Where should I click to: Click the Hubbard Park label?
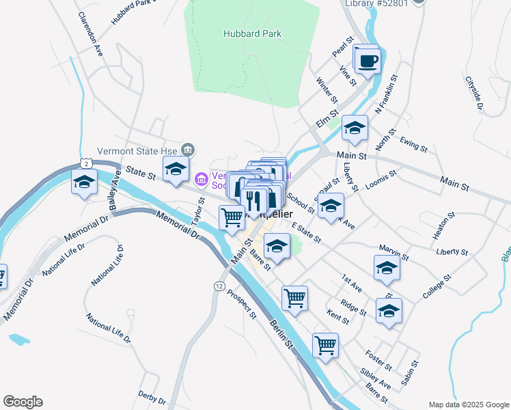[x=243, y=33]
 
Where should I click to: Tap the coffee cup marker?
[x=368, y=61]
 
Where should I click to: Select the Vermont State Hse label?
[x=147, y=150]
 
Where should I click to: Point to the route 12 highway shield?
[x=219, y=285]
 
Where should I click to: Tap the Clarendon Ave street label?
[x=89, y=33]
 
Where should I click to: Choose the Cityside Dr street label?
[x=474, y=92]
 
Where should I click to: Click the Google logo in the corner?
[x=23, y=402]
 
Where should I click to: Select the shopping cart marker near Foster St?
[x=326, y=345]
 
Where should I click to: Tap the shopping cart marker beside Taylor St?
[x=232, y=218]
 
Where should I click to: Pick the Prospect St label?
[x=242, y=305]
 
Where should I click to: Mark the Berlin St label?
[x=281, y=332]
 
